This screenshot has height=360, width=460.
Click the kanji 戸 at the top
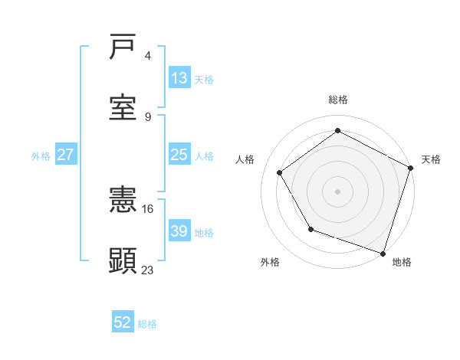pyautogui.click(x=123, y=47)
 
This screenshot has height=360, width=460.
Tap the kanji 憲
pyautogui.click(x=123, y=201)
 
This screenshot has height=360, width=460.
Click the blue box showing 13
pyautogui.click(x=179, y=78)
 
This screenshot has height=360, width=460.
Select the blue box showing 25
pyautogui.click(x=179, y=155)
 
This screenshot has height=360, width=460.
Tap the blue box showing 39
pyautogui.click(x=179, y=231)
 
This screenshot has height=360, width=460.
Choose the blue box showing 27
pyautogui.click(x=66, y=155)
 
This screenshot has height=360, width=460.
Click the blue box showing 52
pyautogui.click(x=123, y=322)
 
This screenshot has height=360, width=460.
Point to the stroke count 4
pyautogui.click(x=148, y=56)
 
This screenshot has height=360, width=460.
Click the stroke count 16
pyautogui.click(x=148, y=208)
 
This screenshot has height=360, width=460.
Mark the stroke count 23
pyautogui.click(x=148, y=269)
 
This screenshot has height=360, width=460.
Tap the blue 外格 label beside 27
pyautogui.click(x=41, y=155)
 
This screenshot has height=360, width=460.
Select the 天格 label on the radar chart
pyautogui.click(x=431, y=159)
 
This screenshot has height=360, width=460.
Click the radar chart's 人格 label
pyautogui.click(x=245, y=159)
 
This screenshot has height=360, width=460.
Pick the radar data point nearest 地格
pyautogui.click(x=383, y=252)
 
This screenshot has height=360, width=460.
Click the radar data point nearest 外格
pyautogui.click(x=310, y=228)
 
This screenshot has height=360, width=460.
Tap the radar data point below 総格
pyautogui.click(x=337, y=130)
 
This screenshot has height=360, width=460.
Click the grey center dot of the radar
pyautogui.click(x=337, y=191)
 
